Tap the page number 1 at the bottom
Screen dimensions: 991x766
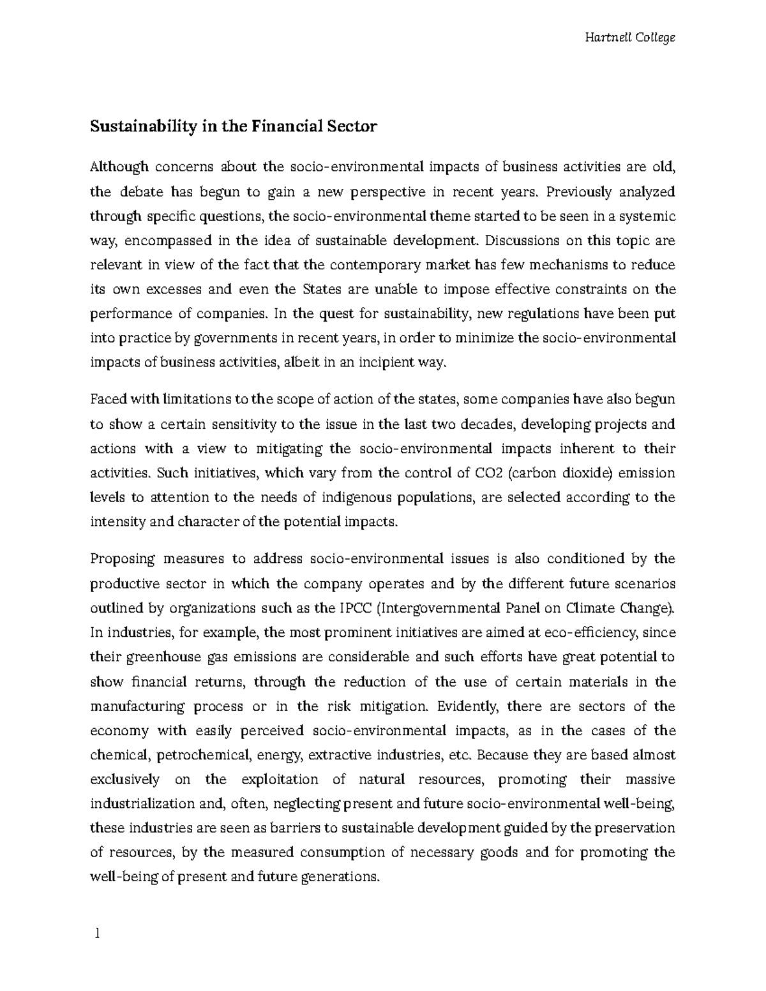[x=97, y=934]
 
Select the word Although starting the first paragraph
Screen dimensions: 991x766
[x=119, y=167]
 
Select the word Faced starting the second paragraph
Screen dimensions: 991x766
[x=109, y=400]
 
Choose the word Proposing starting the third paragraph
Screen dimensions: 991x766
[x=123, y=560]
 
